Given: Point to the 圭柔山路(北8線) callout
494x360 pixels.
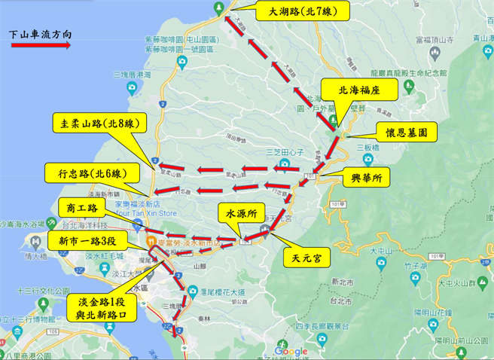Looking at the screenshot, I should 97,125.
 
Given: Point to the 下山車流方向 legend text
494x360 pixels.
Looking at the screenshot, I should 41,34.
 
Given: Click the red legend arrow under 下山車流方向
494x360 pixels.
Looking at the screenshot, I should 41,46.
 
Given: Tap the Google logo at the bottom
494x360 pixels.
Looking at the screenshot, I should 290,352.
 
